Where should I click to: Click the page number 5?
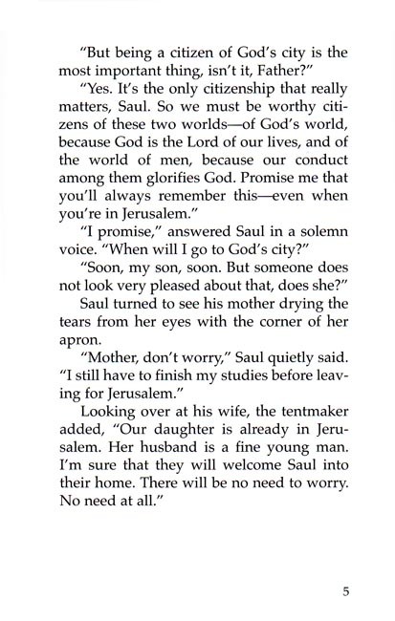(x=346, y=589)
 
